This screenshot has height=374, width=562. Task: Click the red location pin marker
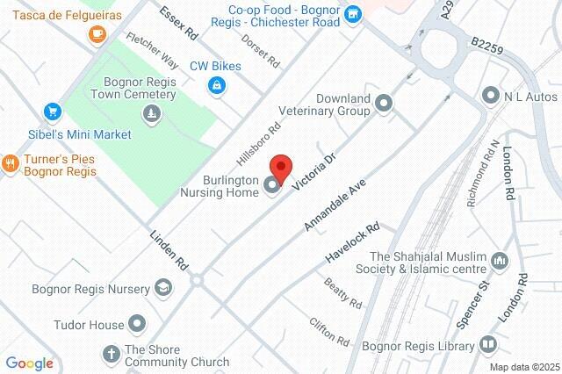pyautogui.click(x=280, y=167)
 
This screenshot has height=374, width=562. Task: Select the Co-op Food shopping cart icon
pyautogui.click(x=352, y=12)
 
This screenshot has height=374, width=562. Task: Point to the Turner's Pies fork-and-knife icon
pyautogui.click(x=11, y=162)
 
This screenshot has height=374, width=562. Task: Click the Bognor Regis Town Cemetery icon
pyautogui.click(x=154, y=112)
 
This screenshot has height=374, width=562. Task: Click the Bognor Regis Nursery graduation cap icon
pyautogui.click(x=162, y=286)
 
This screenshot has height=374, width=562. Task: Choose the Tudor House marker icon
pyautogui.click(x=137, y=325)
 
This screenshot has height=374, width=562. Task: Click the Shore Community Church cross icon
pyautogui.click(x=112, y=354)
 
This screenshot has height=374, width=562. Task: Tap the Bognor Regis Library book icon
pyautogui.click(x=488, y=347)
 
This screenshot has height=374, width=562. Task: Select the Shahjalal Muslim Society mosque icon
pyautogui.click(x=500, y=261)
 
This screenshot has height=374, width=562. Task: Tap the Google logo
pyautogui.click(x=29, y=363)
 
